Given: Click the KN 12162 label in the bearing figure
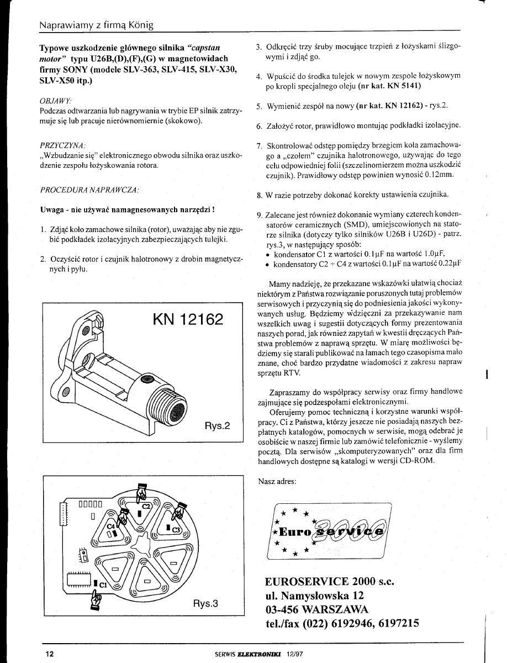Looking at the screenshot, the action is (x=188, y=319).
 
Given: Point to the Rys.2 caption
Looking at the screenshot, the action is (x=218, y=426).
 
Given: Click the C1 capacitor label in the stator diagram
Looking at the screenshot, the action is (x=103, y=584).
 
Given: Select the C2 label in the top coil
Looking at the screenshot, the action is (x=146, y=506).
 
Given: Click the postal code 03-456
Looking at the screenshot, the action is (x=282, y=609).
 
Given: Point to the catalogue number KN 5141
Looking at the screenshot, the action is (x=402, y=86).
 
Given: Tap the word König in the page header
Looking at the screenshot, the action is (x=141, y=25).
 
